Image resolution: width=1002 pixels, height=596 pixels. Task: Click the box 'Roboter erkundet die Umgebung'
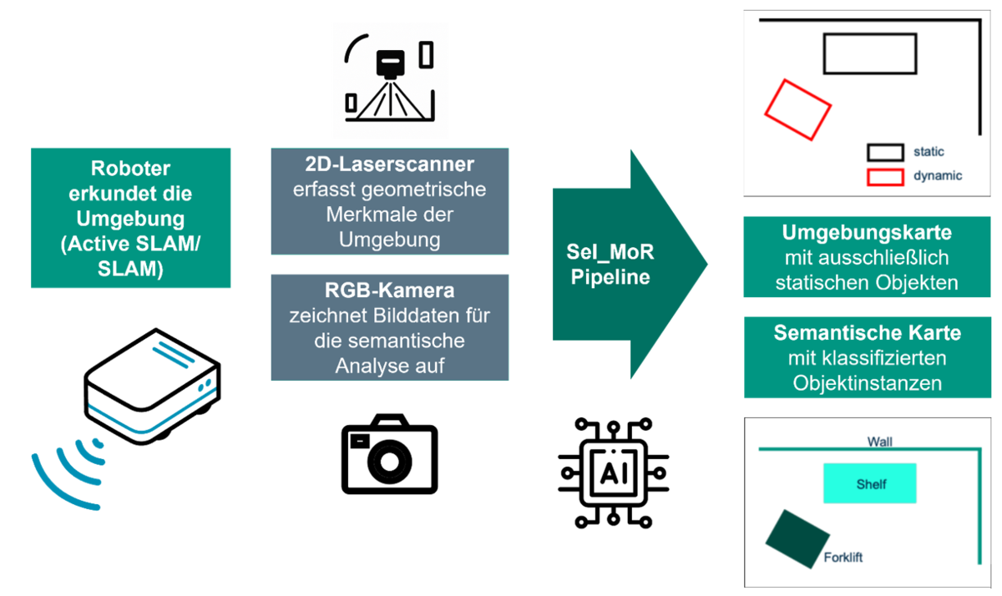pyautogui.click(x=130, y=218)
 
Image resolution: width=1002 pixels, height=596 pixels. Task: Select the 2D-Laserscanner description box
pyautogui.click(x=390, y=201)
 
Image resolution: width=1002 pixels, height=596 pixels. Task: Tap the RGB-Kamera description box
pyautogui.click(x=390, y=327)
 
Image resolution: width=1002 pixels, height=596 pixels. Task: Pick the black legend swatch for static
pyautogui.click(x=885, y=152)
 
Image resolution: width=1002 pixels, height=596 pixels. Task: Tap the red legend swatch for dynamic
pyautogui.click(x=885, y=176)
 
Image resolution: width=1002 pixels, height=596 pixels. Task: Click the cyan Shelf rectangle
pyautogui.click(x=869, y=483)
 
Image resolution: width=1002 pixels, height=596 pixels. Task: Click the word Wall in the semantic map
pyautogui.click(x=879, y=442)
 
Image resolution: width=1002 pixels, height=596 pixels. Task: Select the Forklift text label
pyautogui.click(x=843, y=558)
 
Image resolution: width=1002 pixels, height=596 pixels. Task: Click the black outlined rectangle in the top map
pyautogui.click(x=868, y=53)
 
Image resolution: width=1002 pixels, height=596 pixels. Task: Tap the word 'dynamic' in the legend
pyautogui.click(x=938, y=176)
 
